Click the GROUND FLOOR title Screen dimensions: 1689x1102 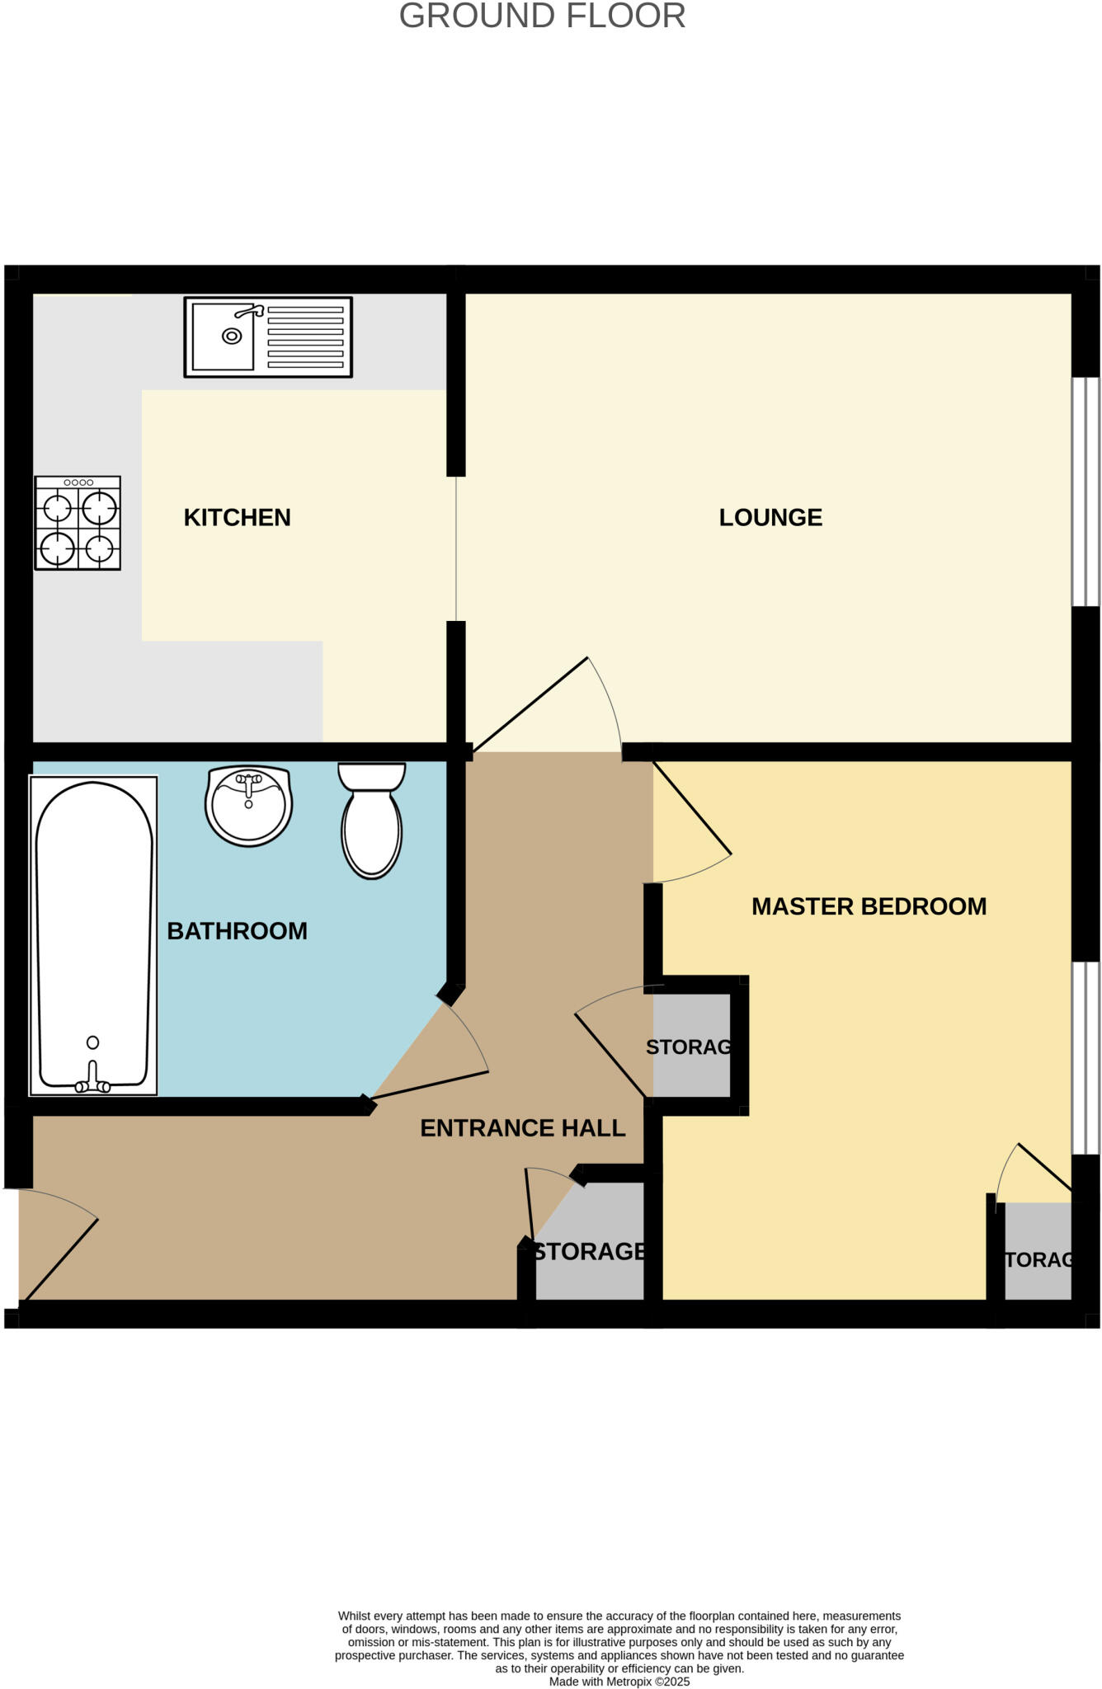542,16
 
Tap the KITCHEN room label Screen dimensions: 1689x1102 237,518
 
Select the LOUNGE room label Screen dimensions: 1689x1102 770,518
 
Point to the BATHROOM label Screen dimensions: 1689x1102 237,931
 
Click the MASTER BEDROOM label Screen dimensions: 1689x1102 869,906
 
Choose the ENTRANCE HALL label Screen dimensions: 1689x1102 522,1127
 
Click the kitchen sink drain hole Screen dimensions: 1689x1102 232,336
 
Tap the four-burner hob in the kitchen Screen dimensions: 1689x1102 78,523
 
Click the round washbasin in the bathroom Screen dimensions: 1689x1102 248,806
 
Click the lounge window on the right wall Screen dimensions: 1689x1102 1085,492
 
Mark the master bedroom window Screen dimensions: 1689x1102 1085,1058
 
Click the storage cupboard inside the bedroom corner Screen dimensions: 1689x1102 1038,1252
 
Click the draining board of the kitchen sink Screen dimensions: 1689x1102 305,337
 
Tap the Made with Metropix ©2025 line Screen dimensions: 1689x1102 619,1682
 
